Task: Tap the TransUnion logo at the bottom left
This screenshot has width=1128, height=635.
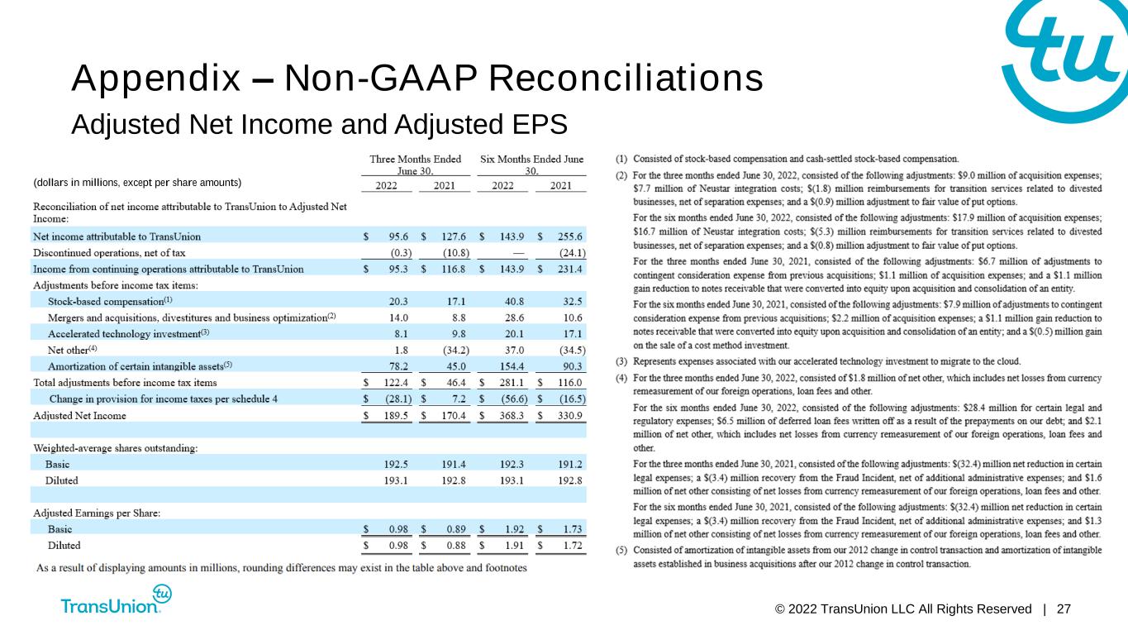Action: click(x=116, y=599)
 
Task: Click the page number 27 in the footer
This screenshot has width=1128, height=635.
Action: click(x=1064, y=609)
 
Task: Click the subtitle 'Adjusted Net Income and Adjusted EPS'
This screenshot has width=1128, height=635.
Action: click(x=319, y=125)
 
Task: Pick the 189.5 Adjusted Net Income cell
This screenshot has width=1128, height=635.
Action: click(x=396, y=416)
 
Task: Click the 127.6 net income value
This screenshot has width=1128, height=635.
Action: click(x=454, y=236)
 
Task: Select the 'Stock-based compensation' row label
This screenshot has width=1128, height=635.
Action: click(x=110, y=301)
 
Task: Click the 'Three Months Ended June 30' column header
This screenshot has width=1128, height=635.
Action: click(x=416, y=165)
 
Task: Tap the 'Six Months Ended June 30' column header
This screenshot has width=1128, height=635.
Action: click(x=532, y=165)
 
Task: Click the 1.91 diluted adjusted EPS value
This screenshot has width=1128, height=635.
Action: click(x=515, y=546)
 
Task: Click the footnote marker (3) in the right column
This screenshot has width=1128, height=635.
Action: click(x=621, y=361)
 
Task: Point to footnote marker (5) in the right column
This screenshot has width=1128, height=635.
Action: click(x=621, y=551)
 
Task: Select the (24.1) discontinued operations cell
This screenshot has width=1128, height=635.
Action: click(x=573, y=253)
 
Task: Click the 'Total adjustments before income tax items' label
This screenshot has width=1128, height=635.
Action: click(x=125, y=383)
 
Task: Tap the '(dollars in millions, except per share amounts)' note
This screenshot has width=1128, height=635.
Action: click(x=137, y=183)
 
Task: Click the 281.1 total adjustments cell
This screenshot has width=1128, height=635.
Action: click(x=512, y=383)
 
